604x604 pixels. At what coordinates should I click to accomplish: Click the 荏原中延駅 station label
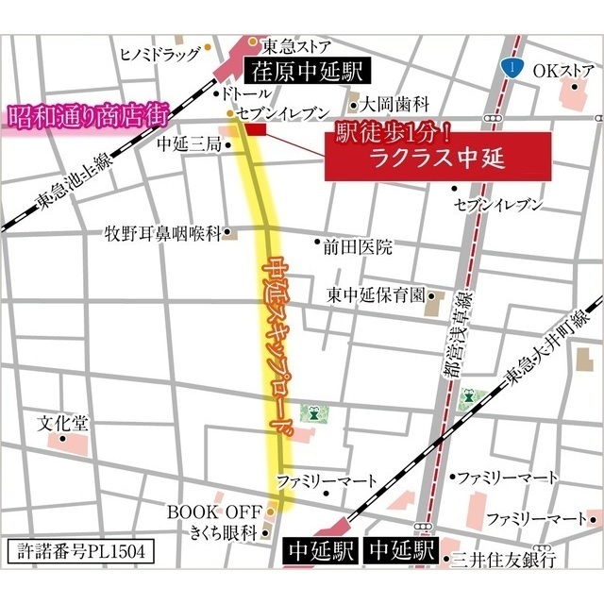click(305, 69)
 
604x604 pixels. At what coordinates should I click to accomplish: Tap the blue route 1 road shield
click(511, 67)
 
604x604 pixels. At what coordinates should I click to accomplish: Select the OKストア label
click(562, 70)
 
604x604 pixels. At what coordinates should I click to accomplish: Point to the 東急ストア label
click(295, 43)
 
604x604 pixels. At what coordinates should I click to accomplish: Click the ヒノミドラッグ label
click(159, 54)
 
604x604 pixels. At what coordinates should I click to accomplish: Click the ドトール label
click(243, 94)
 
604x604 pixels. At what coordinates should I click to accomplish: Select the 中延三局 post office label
click(188, 144)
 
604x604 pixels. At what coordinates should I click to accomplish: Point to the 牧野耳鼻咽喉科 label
click(162, 231)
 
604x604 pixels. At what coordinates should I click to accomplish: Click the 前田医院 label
click(357, 247)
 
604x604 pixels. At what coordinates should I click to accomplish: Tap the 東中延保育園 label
click(376, 294)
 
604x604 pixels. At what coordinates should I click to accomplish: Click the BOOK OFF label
click(214, 512)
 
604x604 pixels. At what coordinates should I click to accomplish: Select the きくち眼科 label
click(222, 533)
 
